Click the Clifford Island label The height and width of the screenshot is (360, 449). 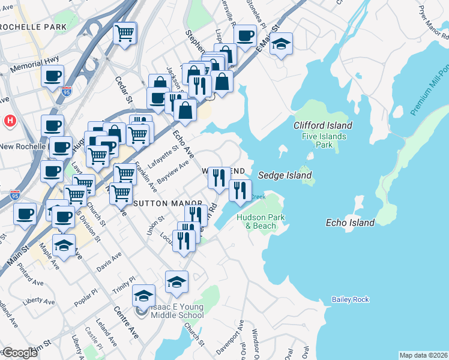tap(322, 125)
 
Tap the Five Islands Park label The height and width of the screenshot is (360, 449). tap(324, 140)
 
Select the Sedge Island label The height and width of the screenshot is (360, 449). tap(285, 175)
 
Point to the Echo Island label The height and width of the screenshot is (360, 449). tap(350, 223)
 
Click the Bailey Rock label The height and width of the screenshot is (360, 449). tap(351, 299)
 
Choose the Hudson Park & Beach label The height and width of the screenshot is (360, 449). tap(256, 221)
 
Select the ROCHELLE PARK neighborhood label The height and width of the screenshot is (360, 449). tap(33, 27)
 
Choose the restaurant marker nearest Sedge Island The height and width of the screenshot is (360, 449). tap(240, 190)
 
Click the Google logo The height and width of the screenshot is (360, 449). tap(20, 353)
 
